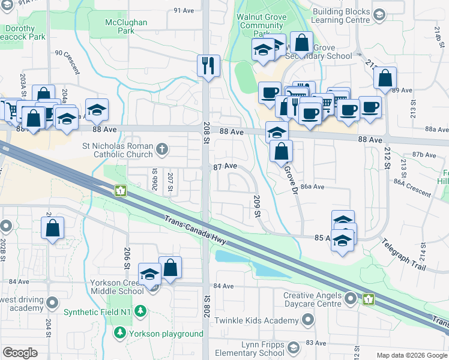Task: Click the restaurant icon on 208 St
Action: (209, 66)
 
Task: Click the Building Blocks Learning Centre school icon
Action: (379, 14)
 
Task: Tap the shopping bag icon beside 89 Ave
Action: (385, 78)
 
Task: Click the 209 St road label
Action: (258, 206)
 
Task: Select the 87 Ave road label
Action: (226, 166)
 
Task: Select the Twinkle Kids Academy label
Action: (256, 322)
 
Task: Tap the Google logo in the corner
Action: (20, 352)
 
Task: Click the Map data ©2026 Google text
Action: (411, 355)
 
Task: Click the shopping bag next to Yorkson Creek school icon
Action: (170, 268)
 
